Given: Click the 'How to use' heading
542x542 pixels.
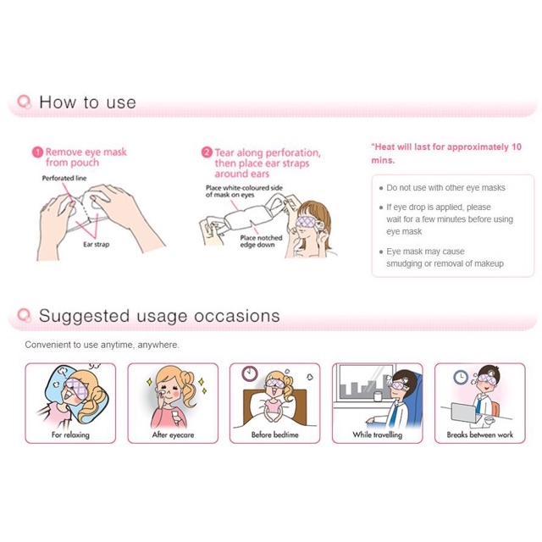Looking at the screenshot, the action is (x=87, y=102).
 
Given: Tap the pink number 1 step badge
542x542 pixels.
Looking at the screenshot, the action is (x=37, y=152).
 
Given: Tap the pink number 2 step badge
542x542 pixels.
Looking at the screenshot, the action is (x=207, y=152).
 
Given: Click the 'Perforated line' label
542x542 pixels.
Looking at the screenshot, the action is (x=64, y=179).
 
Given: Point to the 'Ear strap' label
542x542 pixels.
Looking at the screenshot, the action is (x=96, y=245).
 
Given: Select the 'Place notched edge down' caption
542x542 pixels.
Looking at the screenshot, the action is (x=261, y=241).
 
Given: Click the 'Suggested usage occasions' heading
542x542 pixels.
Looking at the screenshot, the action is (x=159, y=316).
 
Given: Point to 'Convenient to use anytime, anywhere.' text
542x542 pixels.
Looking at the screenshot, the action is (x=102, y=345).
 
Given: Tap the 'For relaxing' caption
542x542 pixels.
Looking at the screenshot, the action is (x=70, y=434).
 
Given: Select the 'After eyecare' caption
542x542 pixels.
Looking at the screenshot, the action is (x=173, y=434).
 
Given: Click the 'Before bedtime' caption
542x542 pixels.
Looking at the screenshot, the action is (x=274, y=434).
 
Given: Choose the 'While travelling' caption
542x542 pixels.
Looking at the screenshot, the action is (x=378, y=434).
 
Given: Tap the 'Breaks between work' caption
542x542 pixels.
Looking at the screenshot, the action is (x=480, y=434).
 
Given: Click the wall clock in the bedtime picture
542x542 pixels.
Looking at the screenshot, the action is (x=250, y=373).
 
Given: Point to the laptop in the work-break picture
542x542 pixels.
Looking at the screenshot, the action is (x=467, y=412).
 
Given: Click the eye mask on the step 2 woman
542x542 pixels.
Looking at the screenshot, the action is (x=306, y=222).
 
